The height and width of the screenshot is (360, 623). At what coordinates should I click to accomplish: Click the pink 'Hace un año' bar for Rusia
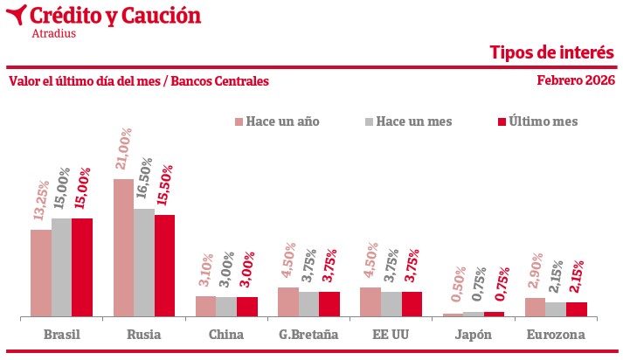point(123,247)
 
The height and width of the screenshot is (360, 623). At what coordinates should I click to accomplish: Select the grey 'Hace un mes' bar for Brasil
point(61,267)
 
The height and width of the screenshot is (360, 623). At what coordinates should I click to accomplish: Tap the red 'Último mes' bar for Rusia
point(164,265)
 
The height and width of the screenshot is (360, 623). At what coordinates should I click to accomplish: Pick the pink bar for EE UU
point(370,301)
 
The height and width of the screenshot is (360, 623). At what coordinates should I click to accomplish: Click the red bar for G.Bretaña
point(329,303)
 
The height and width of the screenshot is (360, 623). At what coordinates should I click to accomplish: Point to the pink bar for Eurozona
point(535,307)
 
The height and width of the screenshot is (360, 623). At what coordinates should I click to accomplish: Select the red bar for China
point(247,306)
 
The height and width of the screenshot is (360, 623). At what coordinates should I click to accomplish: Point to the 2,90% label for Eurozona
point(536,272)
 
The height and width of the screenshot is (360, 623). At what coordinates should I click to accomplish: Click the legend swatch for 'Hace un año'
point(238,121)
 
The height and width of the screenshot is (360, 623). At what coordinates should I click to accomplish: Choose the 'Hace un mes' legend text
point(414,121)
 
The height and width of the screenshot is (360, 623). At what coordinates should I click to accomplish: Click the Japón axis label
point(474,335)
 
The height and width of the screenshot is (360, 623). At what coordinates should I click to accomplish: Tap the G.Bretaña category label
point(308,335)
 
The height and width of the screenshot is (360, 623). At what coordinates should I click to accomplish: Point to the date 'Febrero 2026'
point(576,80)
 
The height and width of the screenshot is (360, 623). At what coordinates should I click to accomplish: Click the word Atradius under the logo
point(53,34)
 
